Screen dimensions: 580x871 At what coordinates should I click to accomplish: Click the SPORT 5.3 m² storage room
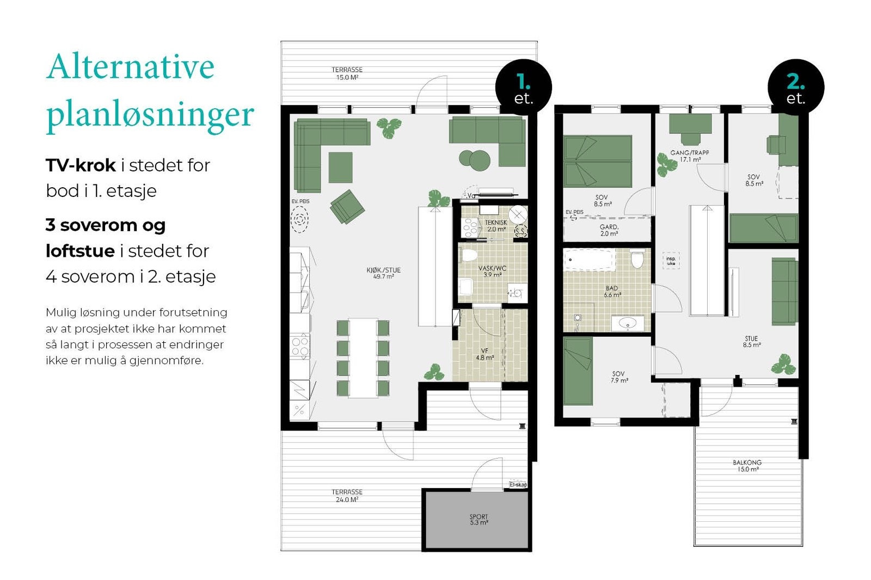[x=477, y=520]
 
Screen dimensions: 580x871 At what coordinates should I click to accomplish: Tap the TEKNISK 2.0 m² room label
[x=495, y=226]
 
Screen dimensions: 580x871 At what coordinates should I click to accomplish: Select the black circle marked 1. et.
[x=523, y=88]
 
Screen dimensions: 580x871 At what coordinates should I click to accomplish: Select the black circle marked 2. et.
[x=795, y=88]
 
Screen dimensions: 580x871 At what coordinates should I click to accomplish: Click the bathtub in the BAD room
[x=589, y=260]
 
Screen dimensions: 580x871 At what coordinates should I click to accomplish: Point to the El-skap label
[x=518, y=484]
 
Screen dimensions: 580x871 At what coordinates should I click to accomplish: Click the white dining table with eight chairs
[x=363, y=358]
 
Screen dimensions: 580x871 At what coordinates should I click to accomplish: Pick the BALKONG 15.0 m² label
[x=747, y=466]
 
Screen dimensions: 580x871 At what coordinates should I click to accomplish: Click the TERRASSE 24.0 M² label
[x=347, y=495]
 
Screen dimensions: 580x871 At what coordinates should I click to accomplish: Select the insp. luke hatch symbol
[x=670, y=261]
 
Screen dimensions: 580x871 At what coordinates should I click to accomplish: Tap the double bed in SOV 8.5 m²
[x=598, y=161]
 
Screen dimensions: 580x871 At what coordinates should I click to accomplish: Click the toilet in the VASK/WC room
[x=468, y=255]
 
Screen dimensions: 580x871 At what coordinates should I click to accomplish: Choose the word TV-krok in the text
[x=81, y=165]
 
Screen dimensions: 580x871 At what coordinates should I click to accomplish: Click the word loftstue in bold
[x=80, y=251]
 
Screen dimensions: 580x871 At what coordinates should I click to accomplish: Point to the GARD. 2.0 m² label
[x=609, y=230]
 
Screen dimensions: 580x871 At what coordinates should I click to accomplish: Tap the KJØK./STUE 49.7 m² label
[x=383, y=273]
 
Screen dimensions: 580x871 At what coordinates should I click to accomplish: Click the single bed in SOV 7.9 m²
[x=578, y=371]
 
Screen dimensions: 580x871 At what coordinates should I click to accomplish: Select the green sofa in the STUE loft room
[x=784, y=291]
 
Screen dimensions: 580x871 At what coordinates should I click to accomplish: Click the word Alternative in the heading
[x=131, y=67]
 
